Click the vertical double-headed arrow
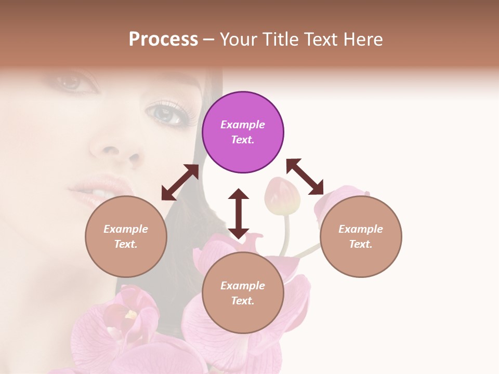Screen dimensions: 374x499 (x=239, y=213)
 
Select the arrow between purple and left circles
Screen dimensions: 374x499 (x=180, y=182)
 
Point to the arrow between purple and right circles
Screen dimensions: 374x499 (x=305, y=177)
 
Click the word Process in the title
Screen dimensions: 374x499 (x=163, y=39)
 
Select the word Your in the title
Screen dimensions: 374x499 (x=238, y=39)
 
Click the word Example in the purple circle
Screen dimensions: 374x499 (x=243, y=125)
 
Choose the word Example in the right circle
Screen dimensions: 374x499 (x=361, y=229)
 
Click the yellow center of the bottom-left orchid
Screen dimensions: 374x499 (x=130, y=314)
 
